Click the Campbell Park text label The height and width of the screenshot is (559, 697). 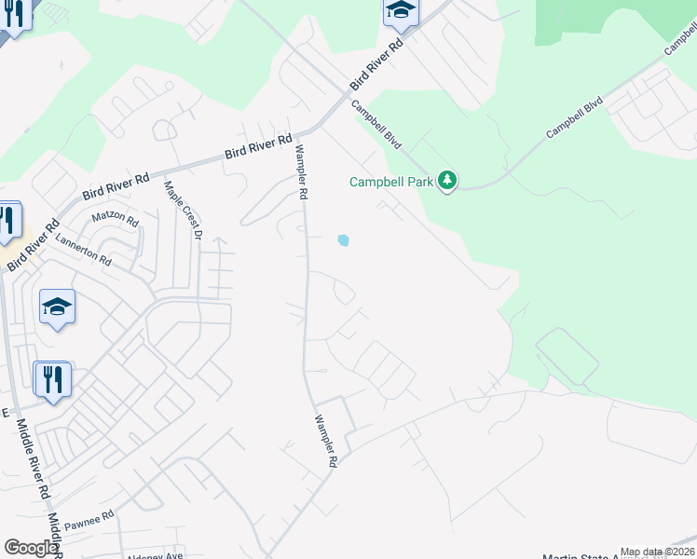tap(390, 182)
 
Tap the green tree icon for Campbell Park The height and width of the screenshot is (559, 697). tap(448, 180)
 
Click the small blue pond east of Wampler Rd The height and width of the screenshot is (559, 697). tap(344, 240)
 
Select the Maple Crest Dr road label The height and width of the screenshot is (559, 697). tap(183, 210)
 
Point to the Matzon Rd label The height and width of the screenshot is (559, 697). tap(115, 221)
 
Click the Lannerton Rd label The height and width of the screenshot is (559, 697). tap(83, 249)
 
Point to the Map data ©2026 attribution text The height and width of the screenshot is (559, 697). tap(657, 552)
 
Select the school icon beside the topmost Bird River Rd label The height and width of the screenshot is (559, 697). tap(400, 12)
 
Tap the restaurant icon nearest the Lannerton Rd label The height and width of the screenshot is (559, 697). tap(7, 221)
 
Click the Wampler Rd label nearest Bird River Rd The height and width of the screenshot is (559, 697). tap(301, 173)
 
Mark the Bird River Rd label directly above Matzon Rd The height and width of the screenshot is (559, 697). tap(116, 184)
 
